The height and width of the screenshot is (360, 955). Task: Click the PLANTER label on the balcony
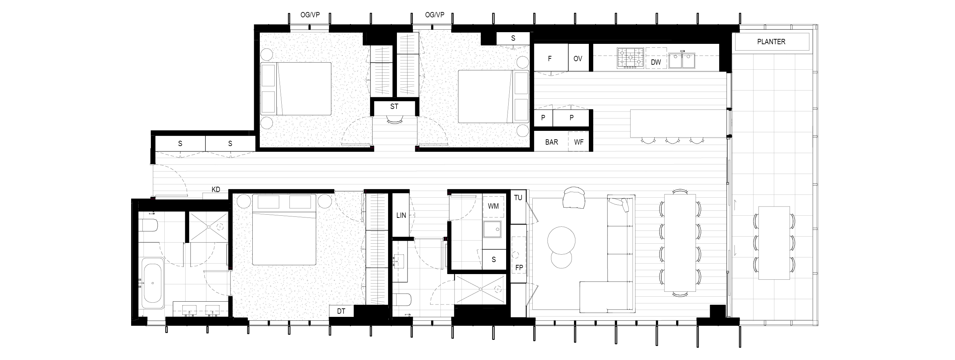tap(771, 42)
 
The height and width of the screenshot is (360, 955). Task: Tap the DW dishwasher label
tap(656, 62)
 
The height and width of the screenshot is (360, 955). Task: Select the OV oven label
tap(578, 59)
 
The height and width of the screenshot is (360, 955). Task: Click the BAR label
tap(551, 142)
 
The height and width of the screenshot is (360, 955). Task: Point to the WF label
tap(579, 142)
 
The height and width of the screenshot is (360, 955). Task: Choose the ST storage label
tap(394, 106)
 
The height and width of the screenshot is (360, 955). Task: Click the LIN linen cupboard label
tap(401, 215)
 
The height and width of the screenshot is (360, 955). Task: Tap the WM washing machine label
tap(493, 206)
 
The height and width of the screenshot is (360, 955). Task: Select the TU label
tap(518, 198)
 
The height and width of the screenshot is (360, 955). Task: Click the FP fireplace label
tap(519, 267)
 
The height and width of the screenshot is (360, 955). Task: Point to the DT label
tap(341, 311)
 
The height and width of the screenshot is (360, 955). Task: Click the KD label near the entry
tap(216, 190)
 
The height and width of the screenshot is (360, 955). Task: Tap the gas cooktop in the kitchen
tap(630, 58)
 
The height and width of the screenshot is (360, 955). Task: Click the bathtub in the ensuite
tap(152, 283)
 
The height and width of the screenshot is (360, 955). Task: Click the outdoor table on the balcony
tap(774, 243)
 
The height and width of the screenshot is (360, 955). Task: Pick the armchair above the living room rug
tap(574, 198)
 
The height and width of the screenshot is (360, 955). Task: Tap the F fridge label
tap(550, 59)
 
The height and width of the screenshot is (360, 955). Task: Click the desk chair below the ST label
tap(394, 120)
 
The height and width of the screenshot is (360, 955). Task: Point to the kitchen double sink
tap(682, 60)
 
